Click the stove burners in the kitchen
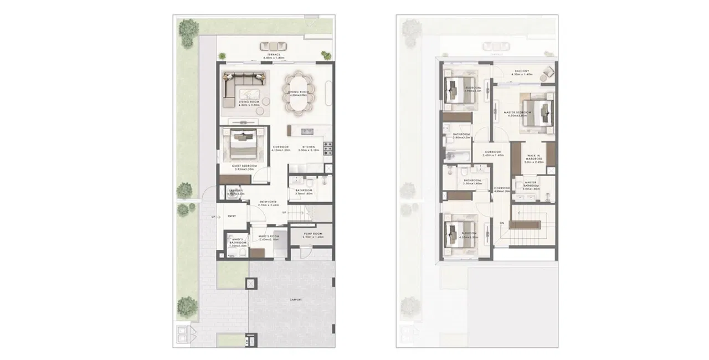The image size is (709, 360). pos(328,148)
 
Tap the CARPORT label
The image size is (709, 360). pos(295,300)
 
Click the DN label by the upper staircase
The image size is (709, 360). pos(502,223)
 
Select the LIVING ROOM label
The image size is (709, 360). pos(246,102)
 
